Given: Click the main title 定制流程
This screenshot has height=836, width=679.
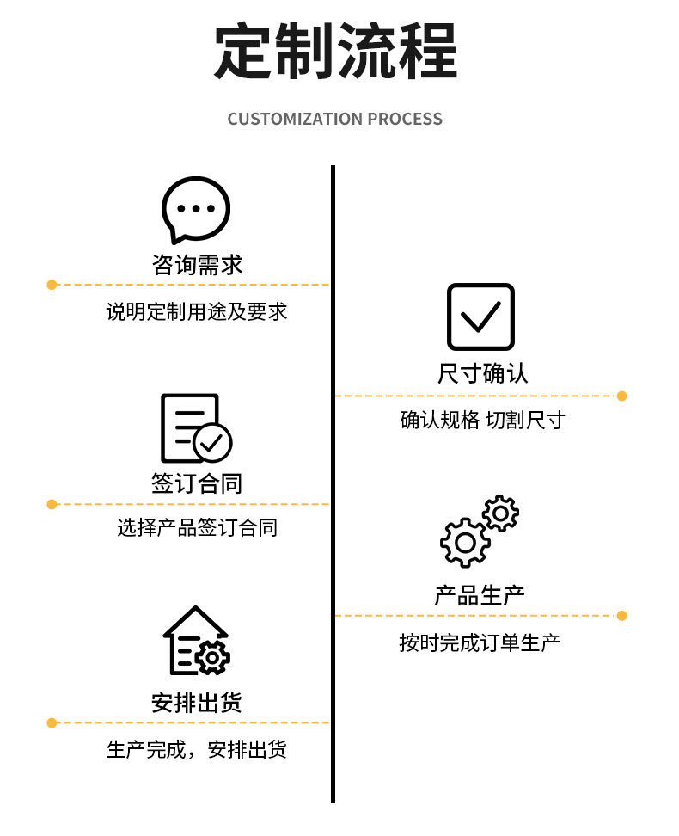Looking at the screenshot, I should click(335, 52).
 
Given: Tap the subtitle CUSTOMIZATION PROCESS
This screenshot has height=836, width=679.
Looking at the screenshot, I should click(335, 120).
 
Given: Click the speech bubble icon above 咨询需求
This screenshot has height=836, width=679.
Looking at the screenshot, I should click(196, 209).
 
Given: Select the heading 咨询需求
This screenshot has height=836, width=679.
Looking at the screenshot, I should click(197, 265).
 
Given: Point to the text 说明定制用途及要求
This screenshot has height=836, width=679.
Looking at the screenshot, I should click(197, 311).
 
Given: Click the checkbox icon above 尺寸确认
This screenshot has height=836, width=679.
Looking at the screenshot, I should click(480, 317).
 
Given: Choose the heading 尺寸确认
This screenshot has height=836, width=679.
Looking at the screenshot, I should click(481, 374).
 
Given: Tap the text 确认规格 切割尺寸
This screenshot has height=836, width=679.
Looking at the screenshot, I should click(481, 421).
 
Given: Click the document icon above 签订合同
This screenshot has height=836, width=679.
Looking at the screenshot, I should click(196, 428).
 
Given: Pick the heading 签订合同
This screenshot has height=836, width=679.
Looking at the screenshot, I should click(197, 484).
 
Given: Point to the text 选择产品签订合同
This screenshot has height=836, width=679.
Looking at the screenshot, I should click(197, 527).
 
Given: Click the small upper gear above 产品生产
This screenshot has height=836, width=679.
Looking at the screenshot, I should click(500, 513).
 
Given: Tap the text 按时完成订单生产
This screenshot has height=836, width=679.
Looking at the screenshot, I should click(480, 642).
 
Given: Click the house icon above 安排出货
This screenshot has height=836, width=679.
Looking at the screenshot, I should click(196, 641).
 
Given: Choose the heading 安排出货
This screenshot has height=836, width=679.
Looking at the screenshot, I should click(197, 703).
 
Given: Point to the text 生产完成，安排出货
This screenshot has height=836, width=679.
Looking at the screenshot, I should click(197, 749).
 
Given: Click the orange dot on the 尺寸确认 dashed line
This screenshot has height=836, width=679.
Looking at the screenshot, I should click(621, 396).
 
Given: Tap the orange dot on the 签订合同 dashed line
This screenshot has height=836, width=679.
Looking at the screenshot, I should click(52, 504).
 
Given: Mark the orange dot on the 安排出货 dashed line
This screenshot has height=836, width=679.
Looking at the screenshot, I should click(52, 722).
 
